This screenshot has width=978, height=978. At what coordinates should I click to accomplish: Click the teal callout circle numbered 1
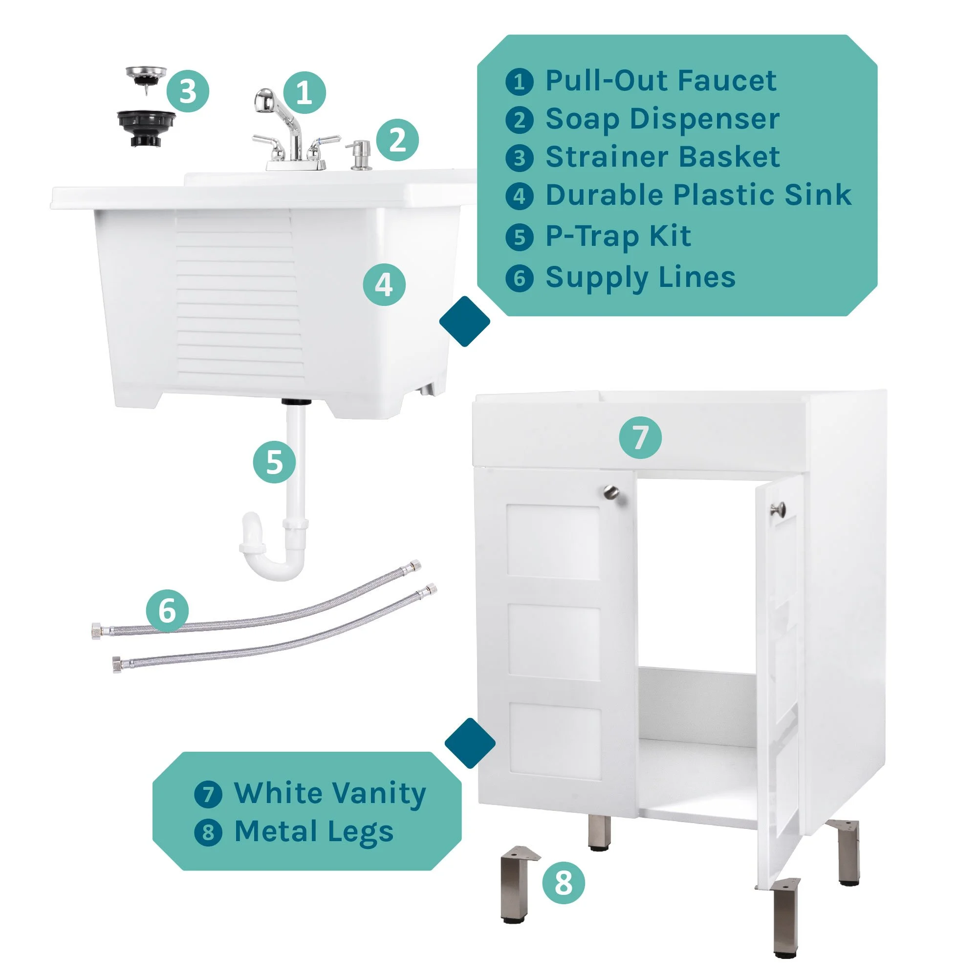point(304,93)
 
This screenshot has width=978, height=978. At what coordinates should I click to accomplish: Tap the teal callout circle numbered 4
point(384,284)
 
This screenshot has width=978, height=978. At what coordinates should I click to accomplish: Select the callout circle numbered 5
point(274,462)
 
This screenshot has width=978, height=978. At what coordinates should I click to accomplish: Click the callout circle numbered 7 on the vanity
point(640,437)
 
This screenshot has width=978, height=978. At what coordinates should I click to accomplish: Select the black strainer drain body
point(146,129)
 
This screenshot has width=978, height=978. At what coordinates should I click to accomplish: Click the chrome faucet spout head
point(265,100)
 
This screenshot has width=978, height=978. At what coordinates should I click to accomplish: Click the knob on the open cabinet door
point(777,509)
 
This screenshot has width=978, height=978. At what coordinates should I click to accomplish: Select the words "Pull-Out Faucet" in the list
point(661,81)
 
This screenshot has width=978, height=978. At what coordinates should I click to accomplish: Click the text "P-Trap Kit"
point(618,237)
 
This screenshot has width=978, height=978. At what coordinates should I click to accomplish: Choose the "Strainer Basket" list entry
point(663,157)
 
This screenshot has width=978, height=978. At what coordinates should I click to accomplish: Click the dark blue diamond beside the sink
point(464,322)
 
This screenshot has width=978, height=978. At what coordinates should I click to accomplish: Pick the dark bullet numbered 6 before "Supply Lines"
point(520,278)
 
